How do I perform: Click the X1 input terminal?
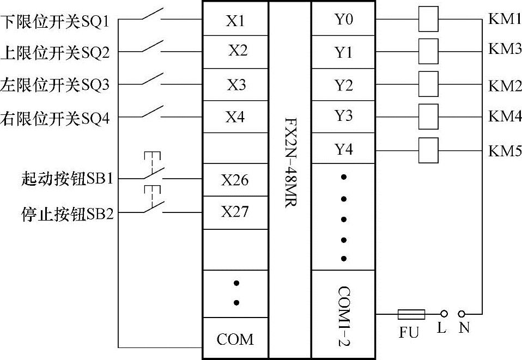pos(235,21)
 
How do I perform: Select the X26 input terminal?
pos(235,180)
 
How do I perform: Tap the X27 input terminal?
pos(235,211)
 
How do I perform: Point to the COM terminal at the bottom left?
pos(235,339)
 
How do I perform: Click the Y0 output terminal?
pos(343,20)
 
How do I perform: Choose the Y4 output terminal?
pos(343,149)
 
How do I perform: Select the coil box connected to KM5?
pos(429,150)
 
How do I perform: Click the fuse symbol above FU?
pos(412,314)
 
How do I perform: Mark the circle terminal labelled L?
pos(444,314)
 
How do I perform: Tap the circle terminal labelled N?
pos(462,314)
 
